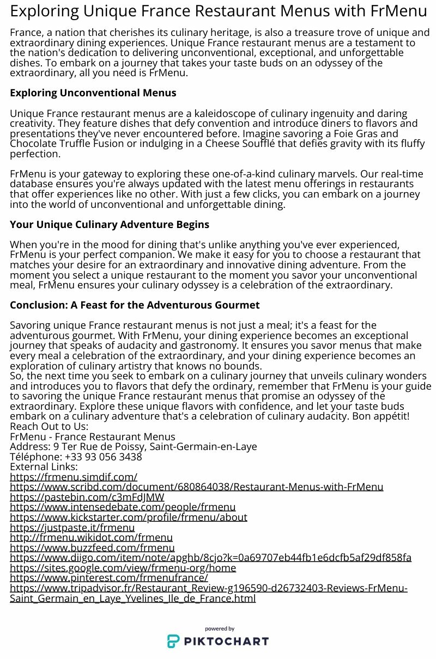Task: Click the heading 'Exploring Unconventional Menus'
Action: point(93,93)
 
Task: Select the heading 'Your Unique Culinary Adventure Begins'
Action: point(109,225)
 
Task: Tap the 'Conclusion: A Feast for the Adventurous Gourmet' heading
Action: point(135,305)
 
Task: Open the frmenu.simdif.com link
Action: point(74,477)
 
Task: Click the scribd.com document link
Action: point(196,486)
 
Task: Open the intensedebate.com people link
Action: point(123,507)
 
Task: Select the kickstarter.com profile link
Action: point(129,517)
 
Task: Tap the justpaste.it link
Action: point(72,527)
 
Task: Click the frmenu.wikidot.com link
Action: point(91,538)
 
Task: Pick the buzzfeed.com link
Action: point(92,547)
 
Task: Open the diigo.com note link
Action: point(210,558)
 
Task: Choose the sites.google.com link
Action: point(123,568)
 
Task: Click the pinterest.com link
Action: point(109,578)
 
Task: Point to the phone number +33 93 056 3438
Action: point(103,457)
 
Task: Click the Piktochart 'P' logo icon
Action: point(173,641)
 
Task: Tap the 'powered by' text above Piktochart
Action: point(220,629)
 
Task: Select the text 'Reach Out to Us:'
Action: point(49,426)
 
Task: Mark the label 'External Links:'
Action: point(44,466)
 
